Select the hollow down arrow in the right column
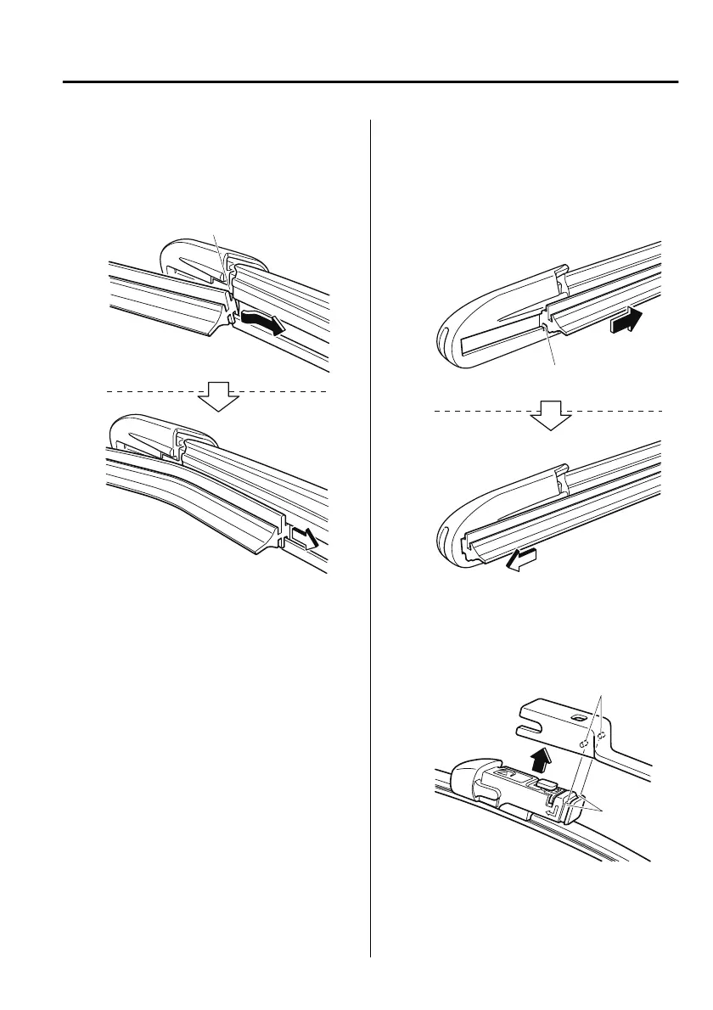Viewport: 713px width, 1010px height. click(x=552, y=415)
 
